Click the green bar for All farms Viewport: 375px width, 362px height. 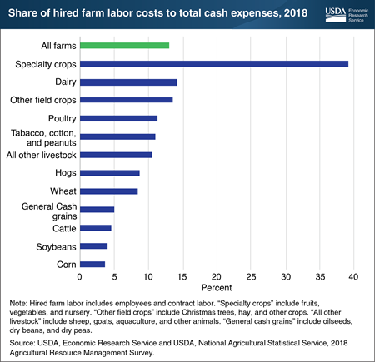124,45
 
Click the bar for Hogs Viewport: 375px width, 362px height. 109,172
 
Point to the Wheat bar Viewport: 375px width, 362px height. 108,191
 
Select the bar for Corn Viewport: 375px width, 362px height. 92,263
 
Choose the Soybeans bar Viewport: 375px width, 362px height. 93,245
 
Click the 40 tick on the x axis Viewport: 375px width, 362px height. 354,276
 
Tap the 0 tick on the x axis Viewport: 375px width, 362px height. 80,276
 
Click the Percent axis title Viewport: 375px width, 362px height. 217,287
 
